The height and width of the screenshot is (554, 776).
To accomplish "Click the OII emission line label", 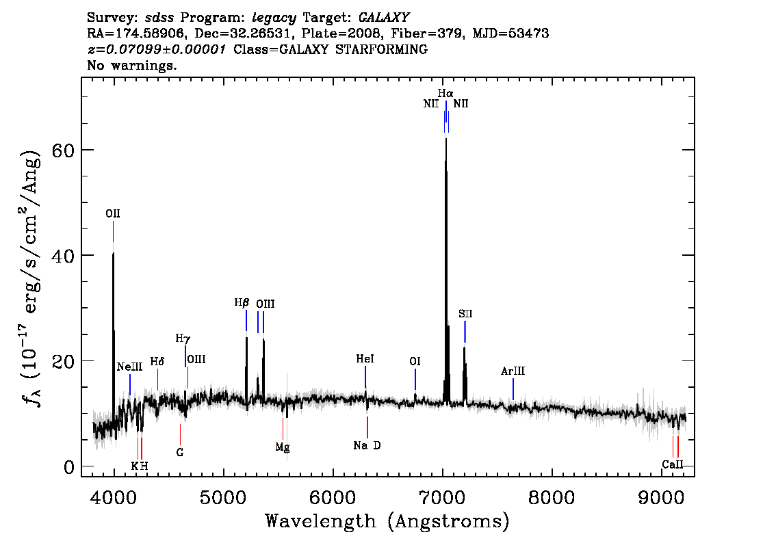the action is point(113,213).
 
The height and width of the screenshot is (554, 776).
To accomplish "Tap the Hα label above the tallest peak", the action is point(445,93).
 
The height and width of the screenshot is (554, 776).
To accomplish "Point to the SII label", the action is point(465,314).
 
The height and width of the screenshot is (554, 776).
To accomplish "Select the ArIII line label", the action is point(513,371).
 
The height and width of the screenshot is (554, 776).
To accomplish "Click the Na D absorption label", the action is point(367,446).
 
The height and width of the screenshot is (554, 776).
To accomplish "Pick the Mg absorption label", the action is point(283,447).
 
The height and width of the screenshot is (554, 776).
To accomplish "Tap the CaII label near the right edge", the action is point(673,464).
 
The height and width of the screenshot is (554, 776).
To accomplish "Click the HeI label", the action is point(365,358).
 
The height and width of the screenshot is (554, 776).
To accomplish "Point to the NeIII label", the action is point(129,367).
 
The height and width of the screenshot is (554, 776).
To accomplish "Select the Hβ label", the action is point(242,302).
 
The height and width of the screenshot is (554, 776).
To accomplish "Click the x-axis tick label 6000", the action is point(333,497).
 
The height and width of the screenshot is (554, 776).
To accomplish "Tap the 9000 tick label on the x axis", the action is point(661,497).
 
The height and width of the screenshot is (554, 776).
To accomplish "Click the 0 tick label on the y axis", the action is point(69,467).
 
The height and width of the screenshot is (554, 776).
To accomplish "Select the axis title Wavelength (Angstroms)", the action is point(387,521).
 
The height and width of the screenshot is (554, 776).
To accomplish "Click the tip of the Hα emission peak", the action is point(446,138).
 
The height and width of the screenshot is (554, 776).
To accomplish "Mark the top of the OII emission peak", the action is point(114,253).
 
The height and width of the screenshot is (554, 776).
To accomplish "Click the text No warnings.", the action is point(131,65).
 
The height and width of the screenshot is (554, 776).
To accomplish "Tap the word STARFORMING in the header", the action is point(381,49).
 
